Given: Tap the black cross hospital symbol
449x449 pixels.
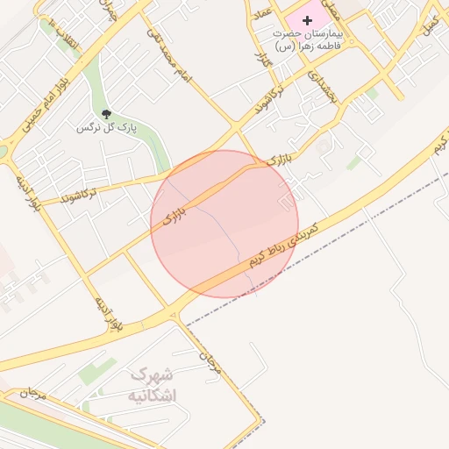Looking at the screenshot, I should (306, 19).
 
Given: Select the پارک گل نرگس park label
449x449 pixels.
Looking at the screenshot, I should (108, 128).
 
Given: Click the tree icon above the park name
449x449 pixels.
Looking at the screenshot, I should (106, 114).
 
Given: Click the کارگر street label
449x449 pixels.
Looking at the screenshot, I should (260, 61).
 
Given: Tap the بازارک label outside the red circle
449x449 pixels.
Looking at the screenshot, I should (279, 160).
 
